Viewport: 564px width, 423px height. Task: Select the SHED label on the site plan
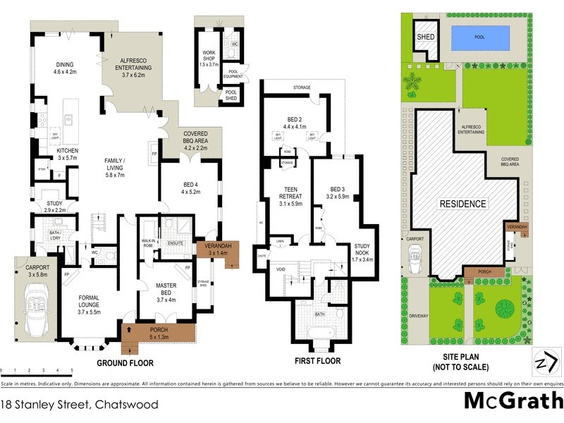pyautogui.click(x=426, y=37)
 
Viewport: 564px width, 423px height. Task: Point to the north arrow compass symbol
pyautogui.click(x=541, y=362)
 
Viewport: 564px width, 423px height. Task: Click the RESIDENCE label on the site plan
pyautogui.click(x=463, y=204)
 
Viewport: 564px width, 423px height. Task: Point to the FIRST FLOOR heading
pyautogui.click(x=317, y=361)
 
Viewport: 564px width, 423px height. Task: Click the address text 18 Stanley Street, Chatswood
pyautogui.click(x=79, y=405)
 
